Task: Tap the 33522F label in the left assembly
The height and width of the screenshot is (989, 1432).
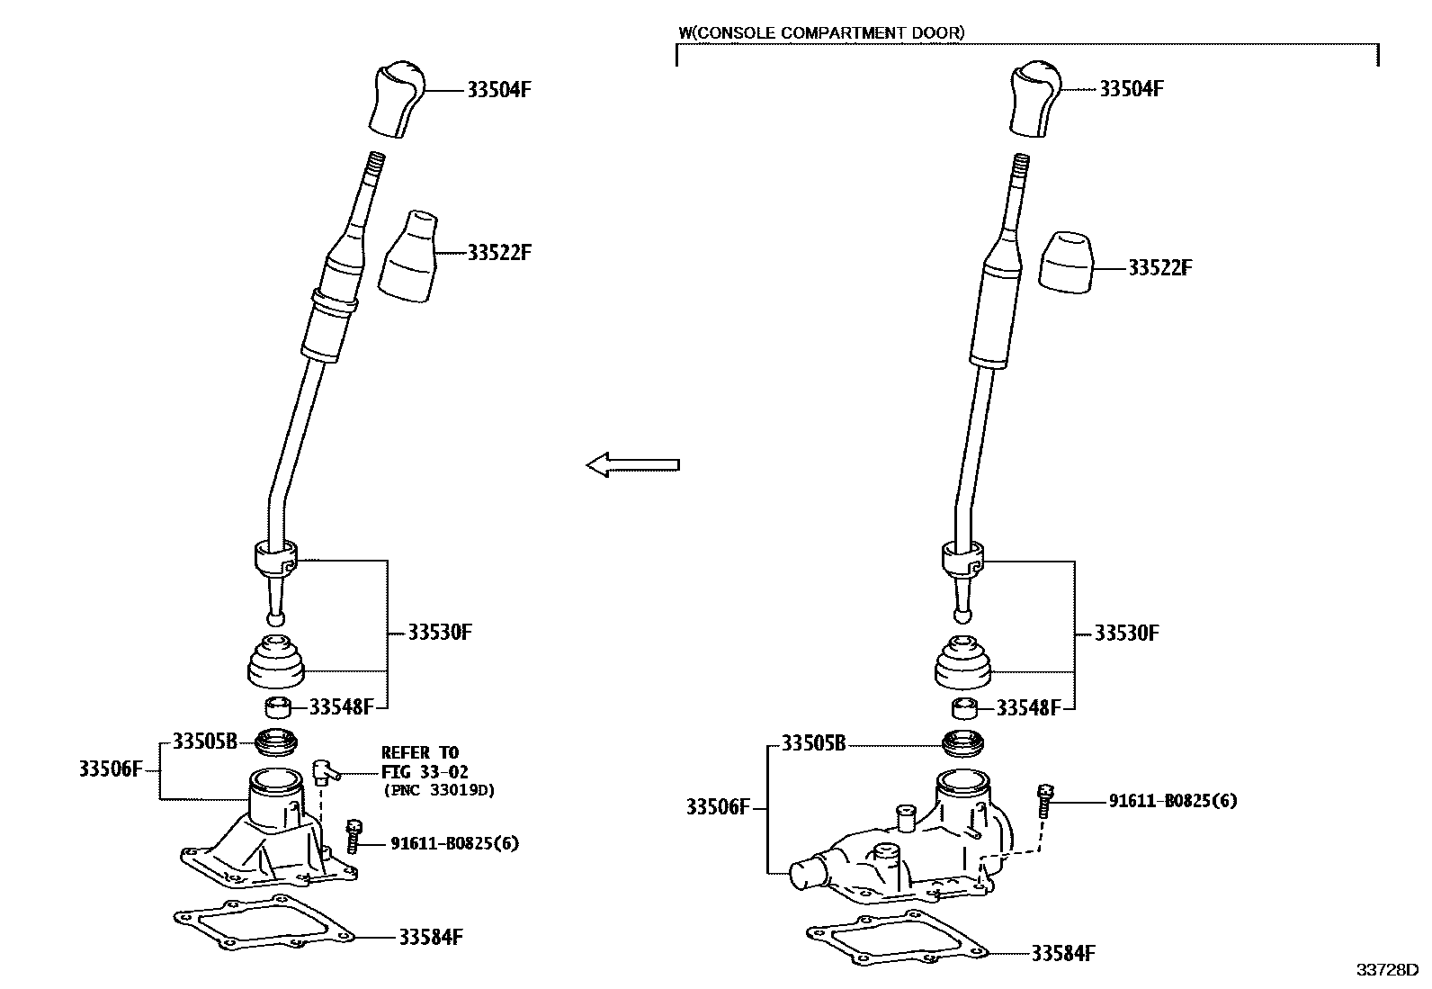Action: click(499, 253)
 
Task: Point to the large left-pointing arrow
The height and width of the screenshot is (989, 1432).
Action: click(632, 465)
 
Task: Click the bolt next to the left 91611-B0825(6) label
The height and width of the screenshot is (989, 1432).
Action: click(353, 835)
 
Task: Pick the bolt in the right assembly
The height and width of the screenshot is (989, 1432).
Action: click(1045, 798)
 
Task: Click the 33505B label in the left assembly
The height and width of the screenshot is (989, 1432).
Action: click(204, 742)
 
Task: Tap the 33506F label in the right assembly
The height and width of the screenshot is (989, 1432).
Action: click(718, 807)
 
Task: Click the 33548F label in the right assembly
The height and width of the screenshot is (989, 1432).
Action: click(1028, 708)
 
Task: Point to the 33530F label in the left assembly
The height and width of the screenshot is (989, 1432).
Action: click(440, 632)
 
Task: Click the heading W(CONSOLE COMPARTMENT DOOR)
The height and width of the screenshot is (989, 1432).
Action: click(820, 33)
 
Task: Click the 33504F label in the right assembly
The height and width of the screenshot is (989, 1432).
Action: click(1132, 89)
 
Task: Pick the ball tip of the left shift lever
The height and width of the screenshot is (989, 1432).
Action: click(276, 618)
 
